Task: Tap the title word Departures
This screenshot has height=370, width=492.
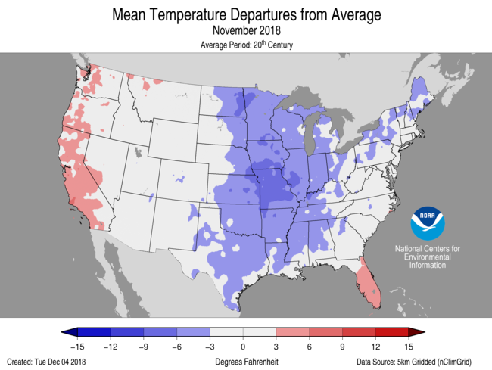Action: coord(274,14)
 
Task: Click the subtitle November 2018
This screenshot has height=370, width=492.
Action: coord(246,30)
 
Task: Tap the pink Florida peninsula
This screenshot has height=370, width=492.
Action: coord(367,280)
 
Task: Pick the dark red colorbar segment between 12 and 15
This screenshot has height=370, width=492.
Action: coord(392,332)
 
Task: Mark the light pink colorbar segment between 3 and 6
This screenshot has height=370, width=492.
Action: coord(293,332)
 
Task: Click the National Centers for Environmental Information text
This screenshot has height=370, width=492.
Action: coord(428,257)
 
